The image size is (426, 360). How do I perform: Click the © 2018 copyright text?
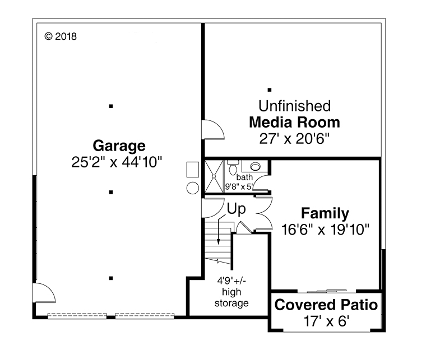[x=60, y=37]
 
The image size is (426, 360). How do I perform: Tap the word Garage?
[x=119, y=146]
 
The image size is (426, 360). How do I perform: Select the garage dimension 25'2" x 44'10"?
[x=117, y=163]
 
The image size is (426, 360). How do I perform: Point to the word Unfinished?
[x=294, y=106]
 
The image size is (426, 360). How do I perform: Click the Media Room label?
[x=294, y=122]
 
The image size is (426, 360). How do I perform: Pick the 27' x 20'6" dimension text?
[x=294, y=139]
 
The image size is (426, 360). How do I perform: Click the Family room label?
[x=325, y=213]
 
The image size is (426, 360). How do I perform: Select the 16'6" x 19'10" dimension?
[x=325, y=230]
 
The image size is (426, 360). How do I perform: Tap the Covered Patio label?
[x=326, y=306]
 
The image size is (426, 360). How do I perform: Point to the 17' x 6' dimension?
[x=326, y=321]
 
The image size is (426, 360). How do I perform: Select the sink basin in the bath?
[x=255, y=166]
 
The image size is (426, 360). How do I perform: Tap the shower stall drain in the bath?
[x=214, y=175]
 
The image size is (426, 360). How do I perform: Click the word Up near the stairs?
[x=236, y=209]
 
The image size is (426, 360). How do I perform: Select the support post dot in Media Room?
[x=270, y=90]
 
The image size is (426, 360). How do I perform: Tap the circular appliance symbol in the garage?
[x=192, y=188]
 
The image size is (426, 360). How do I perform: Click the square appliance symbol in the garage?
[x=192, y=170]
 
